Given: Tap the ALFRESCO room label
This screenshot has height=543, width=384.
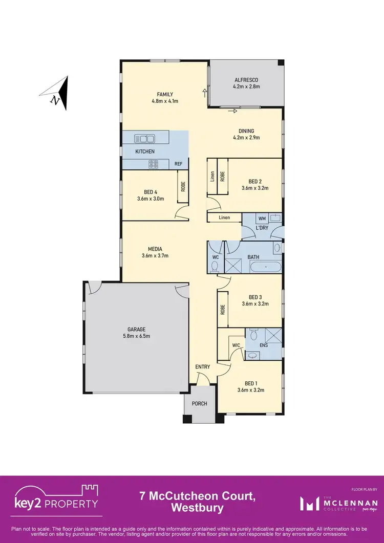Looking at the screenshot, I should point(246,80).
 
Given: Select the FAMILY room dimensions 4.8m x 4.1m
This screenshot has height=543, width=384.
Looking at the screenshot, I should point(165,101).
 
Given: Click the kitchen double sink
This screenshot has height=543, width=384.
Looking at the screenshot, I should point(145,138).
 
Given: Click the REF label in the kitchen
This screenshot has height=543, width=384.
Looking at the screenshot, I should point(178,164).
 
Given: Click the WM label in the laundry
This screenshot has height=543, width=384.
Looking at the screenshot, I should point(262,218).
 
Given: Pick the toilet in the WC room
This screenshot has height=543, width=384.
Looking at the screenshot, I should point(215,265).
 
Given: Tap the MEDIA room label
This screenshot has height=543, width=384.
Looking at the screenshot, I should point(155,249).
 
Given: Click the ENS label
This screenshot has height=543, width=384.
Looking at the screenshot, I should point(264,345).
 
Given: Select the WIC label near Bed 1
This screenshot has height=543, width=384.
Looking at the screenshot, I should point(236,345).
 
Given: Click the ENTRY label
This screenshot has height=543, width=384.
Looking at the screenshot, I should point(203,367).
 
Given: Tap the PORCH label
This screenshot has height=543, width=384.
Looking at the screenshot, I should point(200,404).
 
